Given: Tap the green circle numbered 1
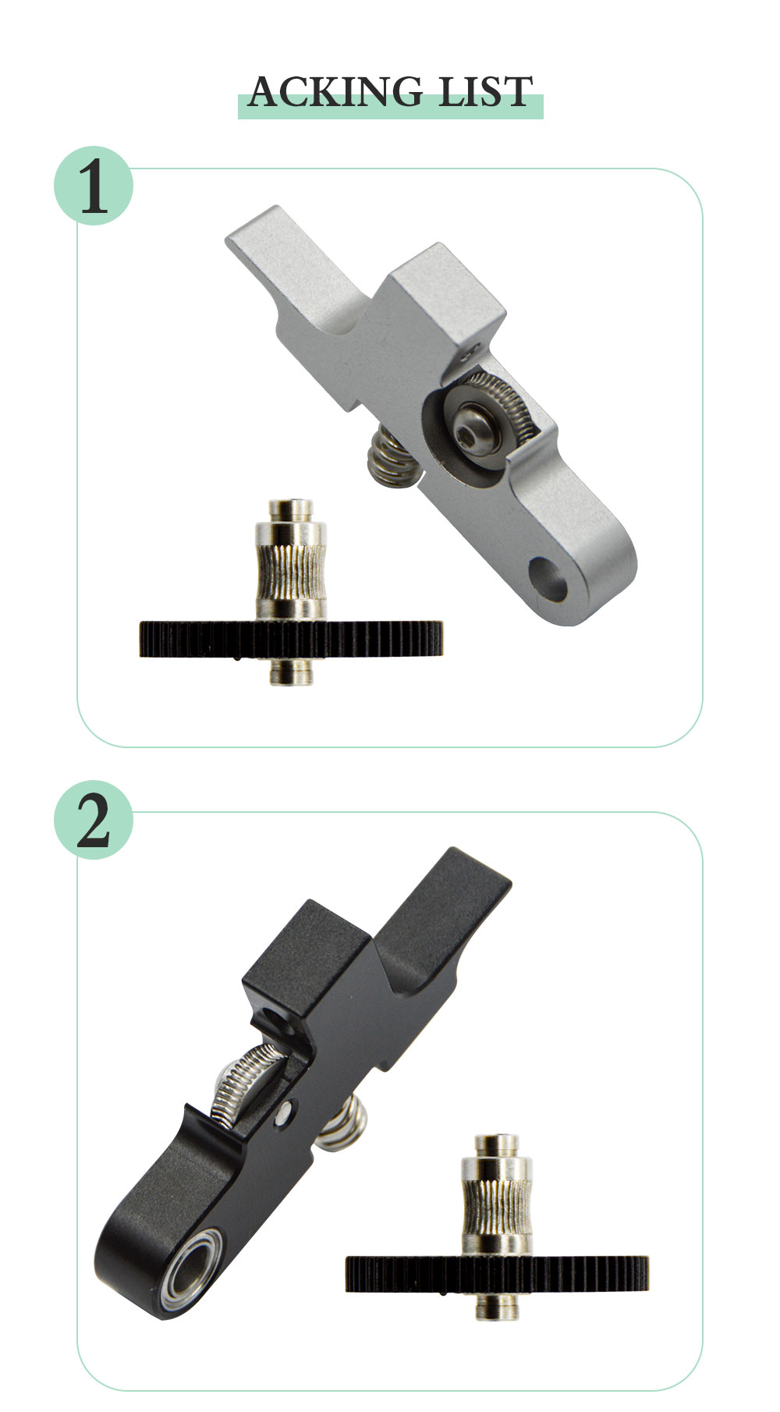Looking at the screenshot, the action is pyautogui.click(x=94, y=186).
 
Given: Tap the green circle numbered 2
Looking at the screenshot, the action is pyautogui.click(x=94, y=819).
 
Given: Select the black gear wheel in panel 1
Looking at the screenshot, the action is pyautogui.click(x=291, y=639).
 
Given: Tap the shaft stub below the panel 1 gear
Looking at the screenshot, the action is pyautogui.click(x=291, y=671).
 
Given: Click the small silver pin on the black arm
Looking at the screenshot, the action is pyautogui.click(x=289, y=1107).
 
